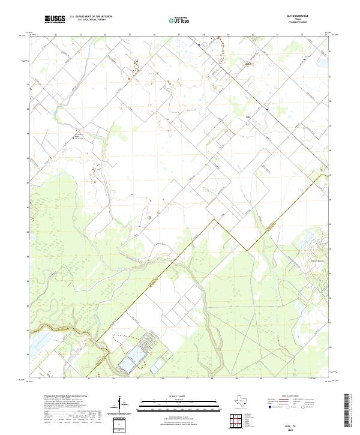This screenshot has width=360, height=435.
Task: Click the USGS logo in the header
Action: click(x=55, y=19)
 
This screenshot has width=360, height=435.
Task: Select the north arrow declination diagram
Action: click(x=122, y=405)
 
